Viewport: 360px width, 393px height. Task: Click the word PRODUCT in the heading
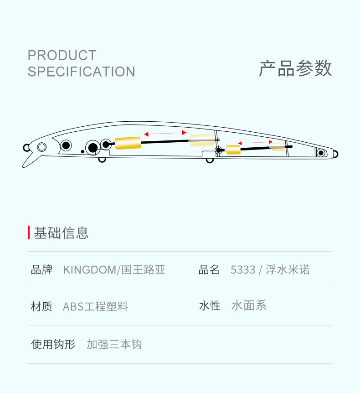click(x=62, y=55)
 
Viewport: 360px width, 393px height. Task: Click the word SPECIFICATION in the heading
click(x=81, y=72)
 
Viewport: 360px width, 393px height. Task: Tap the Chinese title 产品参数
click(x=295, y=68)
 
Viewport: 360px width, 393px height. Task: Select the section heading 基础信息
click(x=62, y=233)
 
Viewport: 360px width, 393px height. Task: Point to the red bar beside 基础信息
click(x=29, y=233)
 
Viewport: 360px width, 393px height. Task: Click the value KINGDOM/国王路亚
click(x=114, y=269)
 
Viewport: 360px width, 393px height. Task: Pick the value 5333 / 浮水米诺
click(x=270, y=269)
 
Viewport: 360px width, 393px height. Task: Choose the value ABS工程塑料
click(x=95, y=306)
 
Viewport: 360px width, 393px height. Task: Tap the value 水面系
click(x=249, y=305)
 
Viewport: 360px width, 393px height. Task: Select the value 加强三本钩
click(x=114, y=344)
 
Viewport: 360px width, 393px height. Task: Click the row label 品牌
click(x=41, y=269)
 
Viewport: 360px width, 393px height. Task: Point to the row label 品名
click(x=209, y=269)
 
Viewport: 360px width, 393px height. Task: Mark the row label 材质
click(x=41, y=306)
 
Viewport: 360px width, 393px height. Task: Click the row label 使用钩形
click(x=53, y=344)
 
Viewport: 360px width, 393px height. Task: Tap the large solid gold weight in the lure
click(x=128, y=143)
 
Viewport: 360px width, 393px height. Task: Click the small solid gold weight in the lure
click(x=233, y=150)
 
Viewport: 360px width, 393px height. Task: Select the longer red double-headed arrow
click(x=165, y=133)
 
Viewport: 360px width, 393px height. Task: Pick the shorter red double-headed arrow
click(x=255, y=143)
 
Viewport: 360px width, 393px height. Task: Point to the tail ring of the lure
click(x=335, y=154)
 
